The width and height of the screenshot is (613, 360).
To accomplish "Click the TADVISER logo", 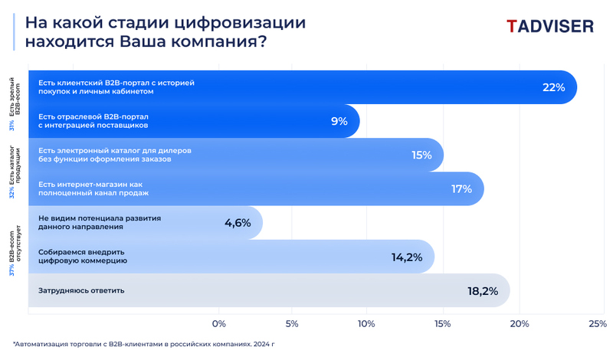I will (549, 26).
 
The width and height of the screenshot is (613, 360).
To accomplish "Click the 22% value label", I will (553, 88).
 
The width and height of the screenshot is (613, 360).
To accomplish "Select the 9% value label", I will (339, 121).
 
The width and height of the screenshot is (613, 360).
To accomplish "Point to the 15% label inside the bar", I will (421, 155).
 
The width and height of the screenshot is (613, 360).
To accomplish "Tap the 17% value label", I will (461, 189).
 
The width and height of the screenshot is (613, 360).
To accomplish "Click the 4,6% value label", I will (238, 223).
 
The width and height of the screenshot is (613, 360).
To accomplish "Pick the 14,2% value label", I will (407, 257).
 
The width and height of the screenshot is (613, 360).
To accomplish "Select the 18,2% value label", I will (483, 291).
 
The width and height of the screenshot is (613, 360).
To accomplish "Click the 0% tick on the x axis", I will (219, 323).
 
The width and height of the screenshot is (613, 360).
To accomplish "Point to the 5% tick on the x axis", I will (292, 323).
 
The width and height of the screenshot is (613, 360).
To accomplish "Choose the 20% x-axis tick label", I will (520, 323).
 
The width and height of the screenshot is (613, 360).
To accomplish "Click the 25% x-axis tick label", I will (597, 323).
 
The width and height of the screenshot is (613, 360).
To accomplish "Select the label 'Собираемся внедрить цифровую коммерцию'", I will (82, 257).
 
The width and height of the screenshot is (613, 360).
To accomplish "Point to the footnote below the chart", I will (143, 345).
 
